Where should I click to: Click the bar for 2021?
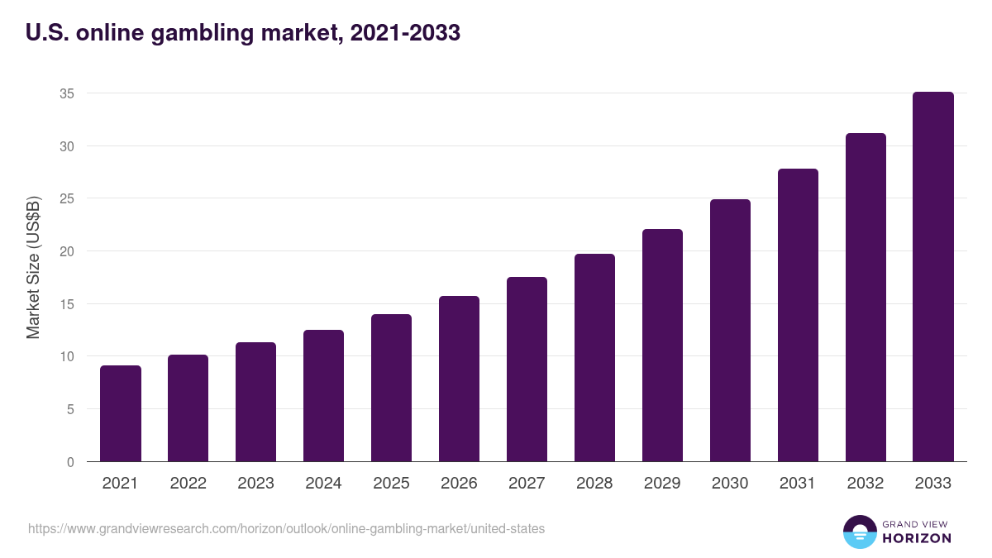point(121,413)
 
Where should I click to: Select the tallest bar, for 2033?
point(933,277)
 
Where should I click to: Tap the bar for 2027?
point(527,370)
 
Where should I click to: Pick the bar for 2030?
point(730,331)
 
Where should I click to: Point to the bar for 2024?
point(323,396)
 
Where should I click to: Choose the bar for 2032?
point(866,298)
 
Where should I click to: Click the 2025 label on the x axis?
point(391,484)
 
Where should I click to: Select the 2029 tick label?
point(662,484)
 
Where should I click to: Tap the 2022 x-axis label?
point(188,484)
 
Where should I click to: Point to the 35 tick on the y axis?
point(67,93)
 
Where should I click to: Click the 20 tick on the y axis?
point(67,251)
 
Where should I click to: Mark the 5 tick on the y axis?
point(71,409)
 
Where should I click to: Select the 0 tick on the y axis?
point(71,462)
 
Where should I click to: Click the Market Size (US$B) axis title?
point(34,266)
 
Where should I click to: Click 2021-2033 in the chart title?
point(405,33)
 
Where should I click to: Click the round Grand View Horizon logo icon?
point(860,532)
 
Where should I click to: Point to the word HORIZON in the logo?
point(917,538)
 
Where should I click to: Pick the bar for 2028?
point(594,358)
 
